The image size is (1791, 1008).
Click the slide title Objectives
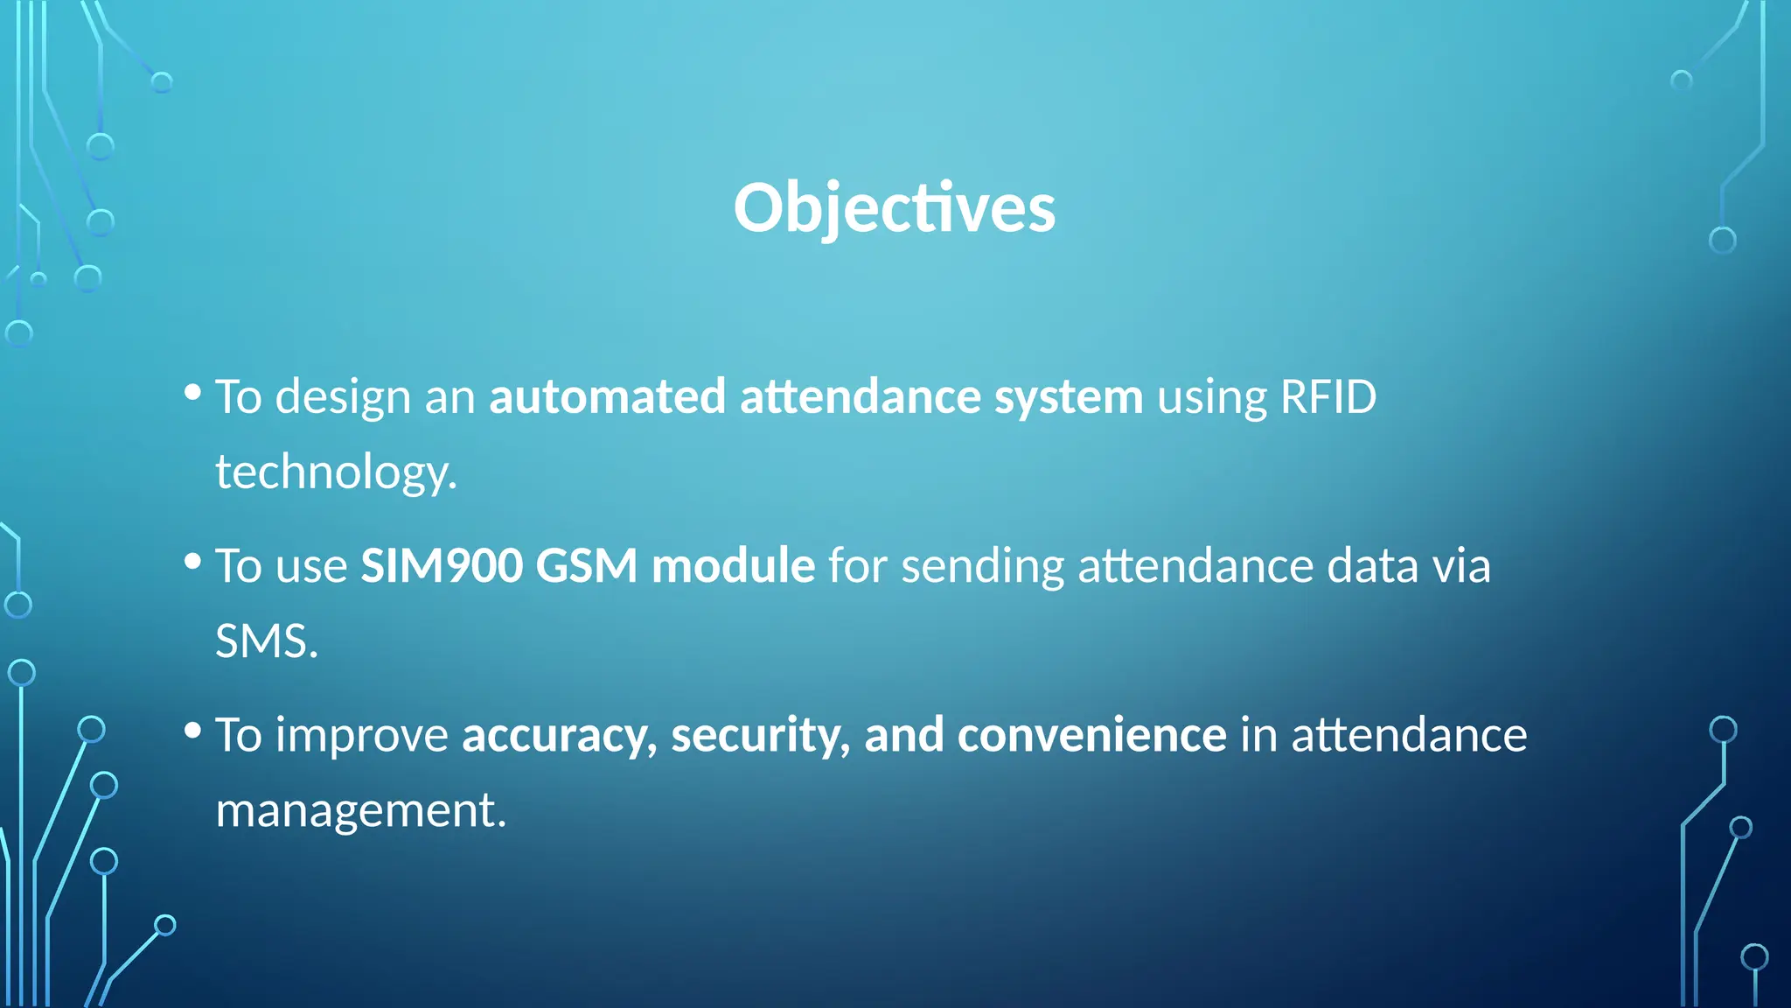[894, 208]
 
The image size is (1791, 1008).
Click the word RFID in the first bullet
[1328, 397]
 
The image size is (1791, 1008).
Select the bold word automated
[607, 397]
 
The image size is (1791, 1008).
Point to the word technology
[335, 472]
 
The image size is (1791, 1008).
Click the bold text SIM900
[442, 565]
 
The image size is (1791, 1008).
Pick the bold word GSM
[586, 565]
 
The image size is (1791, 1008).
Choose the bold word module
[733, 565]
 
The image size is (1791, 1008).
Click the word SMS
[265, 641]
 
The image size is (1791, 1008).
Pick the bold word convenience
[1091, 735]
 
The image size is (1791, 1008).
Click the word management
[359, 810]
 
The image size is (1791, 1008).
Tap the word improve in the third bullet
[361, 736]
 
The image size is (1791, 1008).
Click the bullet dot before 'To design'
[193, 392]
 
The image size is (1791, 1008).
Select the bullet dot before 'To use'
[193, 561]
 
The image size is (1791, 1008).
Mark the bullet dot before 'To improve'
[193, 730]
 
